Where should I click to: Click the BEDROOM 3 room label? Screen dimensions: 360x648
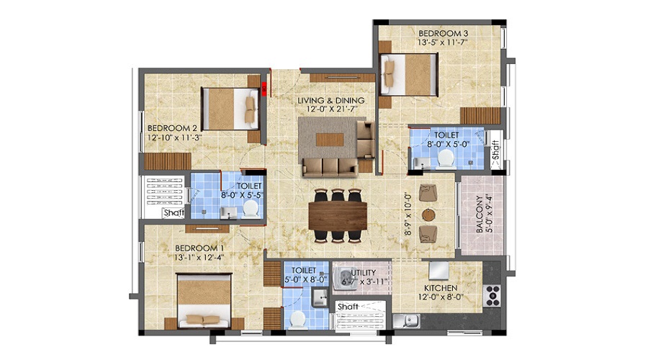pos(444,33)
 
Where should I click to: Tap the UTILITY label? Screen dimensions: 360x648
pos(361,274)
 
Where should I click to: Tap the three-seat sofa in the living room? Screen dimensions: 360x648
pos(329,167)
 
